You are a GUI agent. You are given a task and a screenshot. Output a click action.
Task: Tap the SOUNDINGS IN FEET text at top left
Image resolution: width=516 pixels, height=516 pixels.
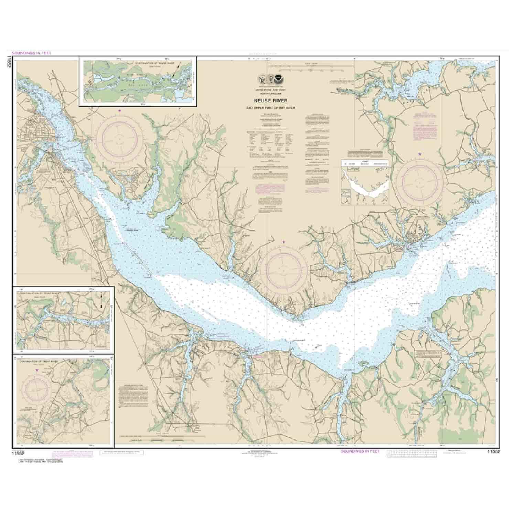point(29,53)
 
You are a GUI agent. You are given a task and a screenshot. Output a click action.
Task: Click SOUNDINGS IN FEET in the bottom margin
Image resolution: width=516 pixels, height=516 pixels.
point(360,451)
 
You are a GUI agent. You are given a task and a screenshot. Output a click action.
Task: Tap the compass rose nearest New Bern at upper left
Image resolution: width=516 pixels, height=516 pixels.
point(119,139)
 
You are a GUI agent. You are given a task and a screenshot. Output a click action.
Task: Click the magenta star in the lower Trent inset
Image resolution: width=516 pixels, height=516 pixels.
point(37,370)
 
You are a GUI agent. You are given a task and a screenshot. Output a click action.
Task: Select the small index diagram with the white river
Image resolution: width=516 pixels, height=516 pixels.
point(365,182)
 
